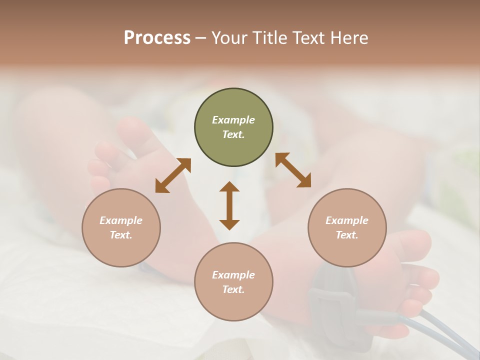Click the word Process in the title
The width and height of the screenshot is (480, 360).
[x=157, y=38]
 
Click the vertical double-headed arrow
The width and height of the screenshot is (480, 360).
[x=229, y=205]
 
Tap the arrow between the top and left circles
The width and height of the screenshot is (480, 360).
[x=173, y=175]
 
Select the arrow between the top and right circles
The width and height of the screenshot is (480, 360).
[x=293, y=170]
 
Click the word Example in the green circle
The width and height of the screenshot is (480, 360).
[x=233, y=120]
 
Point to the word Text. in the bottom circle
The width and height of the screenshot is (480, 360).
[x=233, y=289]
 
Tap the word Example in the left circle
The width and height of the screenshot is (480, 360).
[x=121, y=220]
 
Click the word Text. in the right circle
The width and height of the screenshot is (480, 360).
[x=347, y=235]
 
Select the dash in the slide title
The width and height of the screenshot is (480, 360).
[x=201, y=38]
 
